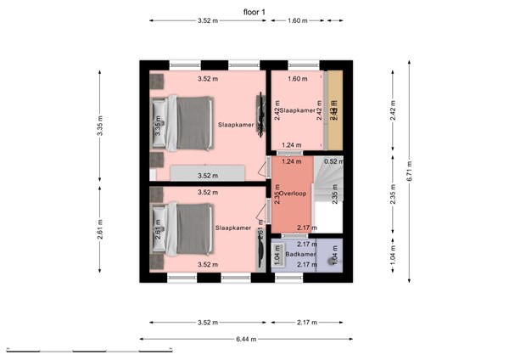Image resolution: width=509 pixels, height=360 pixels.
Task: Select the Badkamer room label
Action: click(x=300, y=254)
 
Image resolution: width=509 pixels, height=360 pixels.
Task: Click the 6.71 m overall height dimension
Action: click(x=408, y=165)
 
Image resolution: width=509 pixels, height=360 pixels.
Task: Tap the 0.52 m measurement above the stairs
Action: click(x=333, y=161)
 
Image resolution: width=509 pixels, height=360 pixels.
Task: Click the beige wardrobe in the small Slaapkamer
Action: click(x=335, y=110)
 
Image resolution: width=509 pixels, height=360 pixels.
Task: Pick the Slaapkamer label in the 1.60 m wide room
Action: click(x=298, y=110)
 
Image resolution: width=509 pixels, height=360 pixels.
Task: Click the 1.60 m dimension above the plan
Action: click(x=297, y=20)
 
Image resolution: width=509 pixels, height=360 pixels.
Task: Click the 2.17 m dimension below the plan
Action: click(x=308, y=323)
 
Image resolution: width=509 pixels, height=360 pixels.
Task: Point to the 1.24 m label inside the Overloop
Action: click(x=292, y=161)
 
